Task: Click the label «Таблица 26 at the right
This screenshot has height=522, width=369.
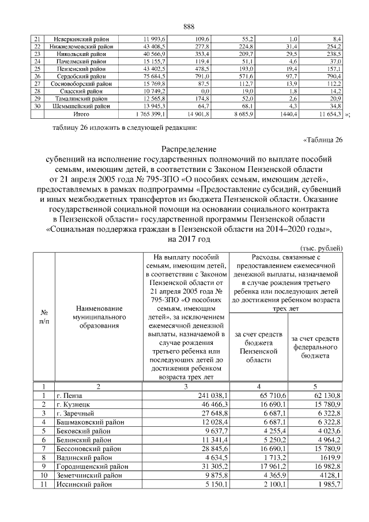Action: pos(323,139)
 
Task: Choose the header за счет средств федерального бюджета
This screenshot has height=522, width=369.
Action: pos(315,347)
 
